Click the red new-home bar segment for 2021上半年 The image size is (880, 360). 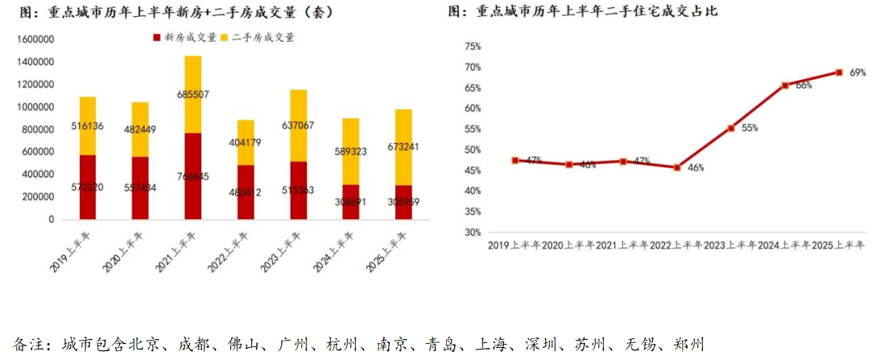192,176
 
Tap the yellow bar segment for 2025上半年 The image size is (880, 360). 403,147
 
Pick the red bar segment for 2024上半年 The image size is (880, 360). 351,201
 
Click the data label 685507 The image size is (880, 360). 192,94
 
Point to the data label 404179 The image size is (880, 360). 245,142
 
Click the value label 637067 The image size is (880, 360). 299,125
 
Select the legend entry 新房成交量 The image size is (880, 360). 183,38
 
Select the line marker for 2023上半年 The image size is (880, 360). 731,128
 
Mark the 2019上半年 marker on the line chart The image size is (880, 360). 515,160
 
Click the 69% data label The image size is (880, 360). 857,72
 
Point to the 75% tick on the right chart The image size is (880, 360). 473,47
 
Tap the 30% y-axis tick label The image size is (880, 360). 473,232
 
